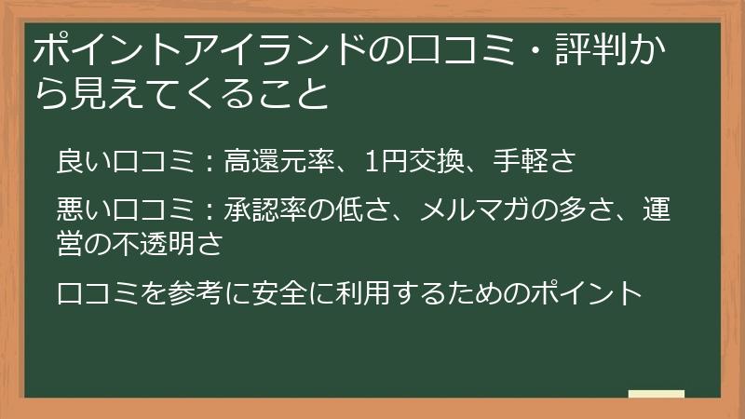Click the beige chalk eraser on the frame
(657, 394)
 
